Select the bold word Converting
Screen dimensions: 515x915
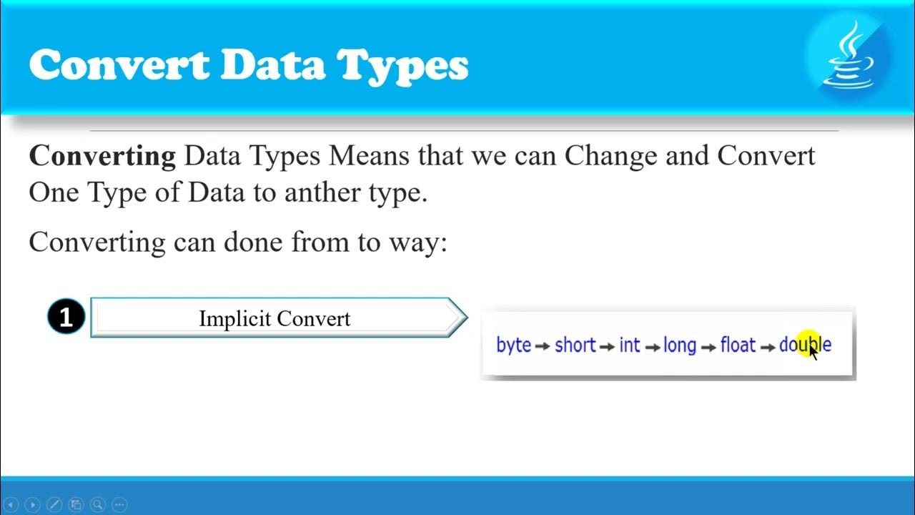pyautogui.click(x=102, y=155)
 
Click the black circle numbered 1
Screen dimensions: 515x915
pyautogui.click(x=66, y=317)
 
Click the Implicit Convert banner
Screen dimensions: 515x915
pyautogui.click(x=275, y=318)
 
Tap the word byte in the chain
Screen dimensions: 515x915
pyautogui.click(x=513, y=345)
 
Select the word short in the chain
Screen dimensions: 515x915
pyautogui.click(x=575, y=345)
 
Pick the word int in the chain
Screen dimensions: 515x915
pyautogui.click(x=629, y=345)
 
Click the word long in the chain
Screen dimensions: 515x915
pyautogui.click(x=679, y=345)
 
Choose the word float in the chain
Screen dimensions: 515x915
pyautogui.click(x=738, y=345)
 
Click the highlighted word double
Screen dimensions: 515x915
pyautogui.click(x=805, y=345)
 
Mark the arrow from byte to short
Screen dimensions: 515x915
pyautogui.click(x=543, y=346)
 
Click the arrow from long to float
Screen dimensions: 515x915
pyautogui.click(x=708, y=346)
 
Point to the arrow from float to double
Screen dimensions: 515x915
pyautogui.click(x=768, y=346)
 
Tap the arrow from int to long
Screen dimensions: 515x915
pyautogui.click(x=652, y=346)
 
